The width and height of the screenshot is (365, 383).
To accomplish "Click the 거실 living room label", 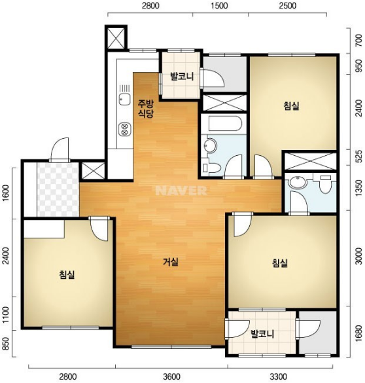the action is (x=171, y=262).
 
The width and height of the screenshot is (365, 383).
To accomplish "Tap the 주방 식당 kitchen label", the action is (x=146, y=109).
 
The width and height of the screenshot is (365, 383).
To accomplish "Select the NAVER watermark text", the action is (x=181, y=191).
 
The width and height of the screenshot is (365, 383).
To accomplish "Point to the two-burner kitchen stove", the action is (x=124, y=130).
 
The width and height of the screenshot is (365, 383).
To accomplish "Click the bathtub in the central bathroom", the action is (x=225, y=124).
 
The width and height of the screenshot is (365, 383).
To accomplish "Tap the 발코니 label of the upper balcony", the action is (x=182, y=77).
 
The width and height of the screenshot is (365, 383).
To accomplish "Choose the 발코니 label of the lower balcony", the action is (x=262, y=334).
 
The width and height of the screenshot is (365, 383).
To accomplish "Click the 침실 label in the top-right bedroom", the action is (x=291, y=106).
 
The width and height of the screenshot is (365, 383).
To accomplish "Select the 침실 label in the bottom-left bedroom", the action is (x=67, y=274).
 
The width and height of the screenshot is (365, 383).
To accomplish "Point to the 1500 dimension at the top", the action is (x=219, y=6).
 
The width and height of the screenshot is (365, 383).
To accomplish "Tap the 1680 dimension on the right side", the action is (x=358, y=332).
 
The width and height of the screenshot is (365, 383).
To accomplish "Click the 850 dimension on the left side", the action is (x=5, y=344).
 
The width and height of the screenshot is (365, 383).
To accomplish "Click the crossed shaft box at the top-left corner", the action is (x=116, y=37).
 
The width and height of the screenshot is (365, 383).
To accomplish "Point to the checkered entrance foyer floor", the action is (x=58, y=189).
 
